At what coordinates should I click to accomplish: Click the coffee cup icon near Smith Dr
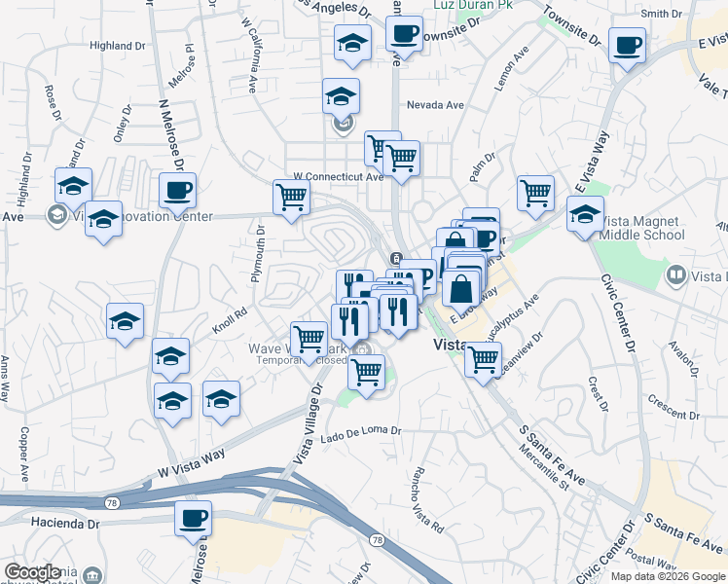[627, 44]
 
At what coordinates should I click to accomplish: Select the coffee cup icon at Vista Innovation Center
[177, 191]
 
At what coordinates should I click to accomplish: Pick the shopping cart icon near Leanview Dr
[483, 359]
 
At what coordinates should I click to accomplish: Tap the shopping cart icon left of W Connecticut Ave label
[291, 198]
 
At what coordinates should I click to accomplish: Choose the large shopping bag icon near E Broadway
[462, 288]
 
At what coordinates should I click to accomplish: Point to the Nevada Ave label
[435, 105]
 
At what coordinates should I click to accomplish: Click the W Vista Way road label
[191, 465]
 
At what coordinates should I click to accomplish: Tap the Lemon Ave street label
[511, 69]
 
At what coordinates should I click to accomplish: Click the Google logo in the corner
[32, 572]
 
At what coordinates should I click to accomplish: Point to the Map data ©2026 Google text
[668, 576]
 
